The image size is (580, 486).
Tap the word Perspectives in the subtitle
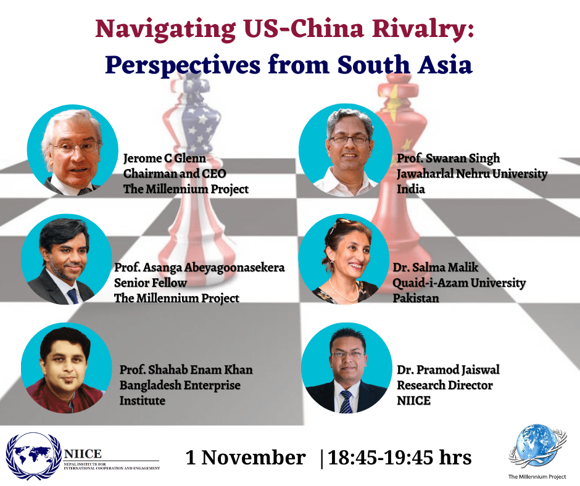[x=183, y=66]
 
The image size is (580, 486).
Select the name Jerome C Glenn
[x=165, y=159]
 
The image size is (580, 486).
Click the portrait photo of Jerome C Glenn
[x=73, y=150]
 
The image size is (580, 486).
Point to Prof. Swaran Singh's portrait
[x=346, y=150]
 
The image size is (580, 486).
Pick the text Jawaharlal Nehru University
[x=472, y=173]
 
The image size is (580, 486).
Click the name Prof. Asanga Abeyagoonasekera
[x=199, y=268]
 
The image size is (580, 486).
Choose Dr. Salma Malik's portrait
[x=344, y=259]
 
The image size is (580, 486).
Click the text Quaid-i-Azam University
[x=459, y=283]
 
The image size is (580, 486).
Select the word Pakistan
[x=416, y=298]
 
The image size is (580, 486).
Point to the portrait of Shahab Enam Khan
[x=67, y=368]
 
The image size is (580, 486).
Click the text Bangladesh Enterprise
[x=180, y=385]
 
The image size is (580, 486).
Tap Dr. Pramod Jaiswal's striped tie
[x=347, y=402]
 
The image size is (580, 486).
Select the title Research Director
[x=445, y=385]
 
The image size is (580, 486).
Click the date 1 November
[x=246, y=457]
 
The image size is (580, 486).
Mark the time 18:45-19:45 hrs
[x=399, y=457]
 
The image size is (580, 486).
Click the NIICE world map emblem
[x=34, y=456]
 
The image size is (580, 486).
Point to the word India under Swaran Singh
[x=410, y=189]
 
